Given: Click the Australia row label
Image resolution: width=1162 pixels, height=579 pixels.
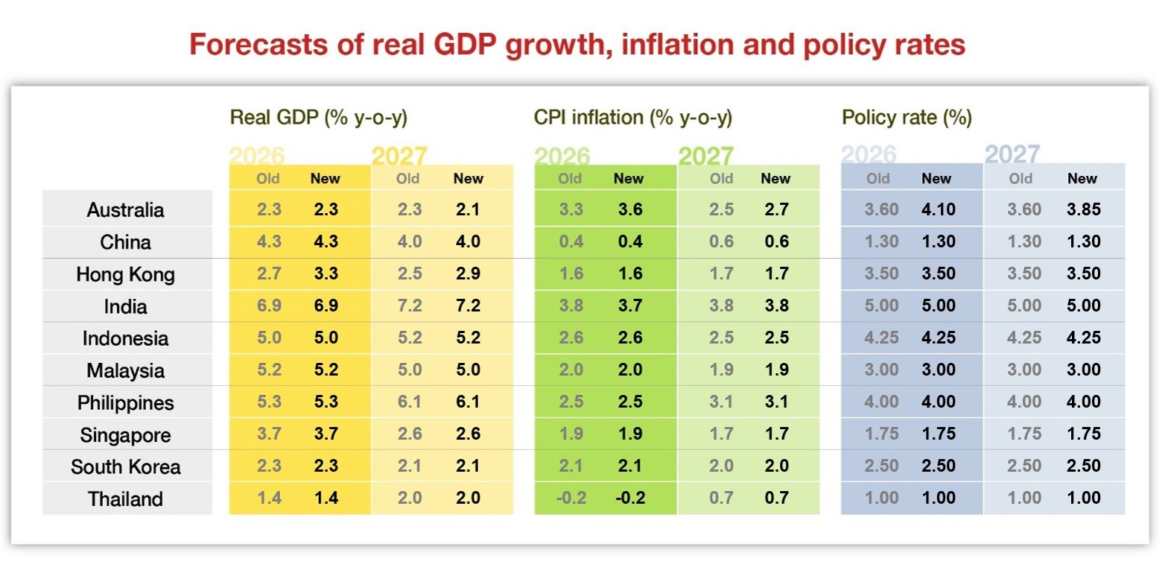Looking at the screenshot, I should [125, 210].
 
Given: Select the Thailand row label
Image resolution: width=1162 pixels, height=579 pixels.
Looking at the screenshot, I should [125, 499].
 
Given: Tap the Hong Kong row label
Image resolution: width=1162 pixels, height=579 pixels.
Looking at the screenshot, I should [125, 274].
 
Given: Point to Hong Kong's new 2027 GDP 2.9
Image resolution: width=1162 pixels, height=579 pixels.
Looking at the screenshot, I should [468, 274].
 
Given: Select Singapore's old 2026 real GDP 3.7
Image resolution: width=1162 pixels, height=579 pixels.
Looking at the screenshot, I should [269, 434].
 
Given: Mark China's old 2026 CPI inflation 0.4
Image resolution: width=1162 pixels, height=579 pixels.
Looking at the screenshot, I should [571, 242].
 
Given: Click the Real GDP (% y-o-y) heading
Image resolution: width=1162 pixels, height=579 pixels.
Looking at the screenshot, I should [319, 118].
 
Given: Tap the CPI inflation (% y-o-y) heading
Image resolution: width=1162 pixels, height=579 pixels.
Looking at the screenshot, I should [633, 118].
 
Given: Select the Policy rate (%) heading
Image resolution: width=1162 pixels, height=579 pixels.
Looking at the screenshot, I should [907, 118].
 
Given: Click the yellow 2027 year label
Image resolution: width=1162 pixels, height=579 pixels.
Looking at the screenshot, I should [399, 156].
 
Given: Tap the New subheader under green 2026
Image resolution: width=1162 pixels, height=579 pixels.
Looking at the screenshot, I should [628, 179].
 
